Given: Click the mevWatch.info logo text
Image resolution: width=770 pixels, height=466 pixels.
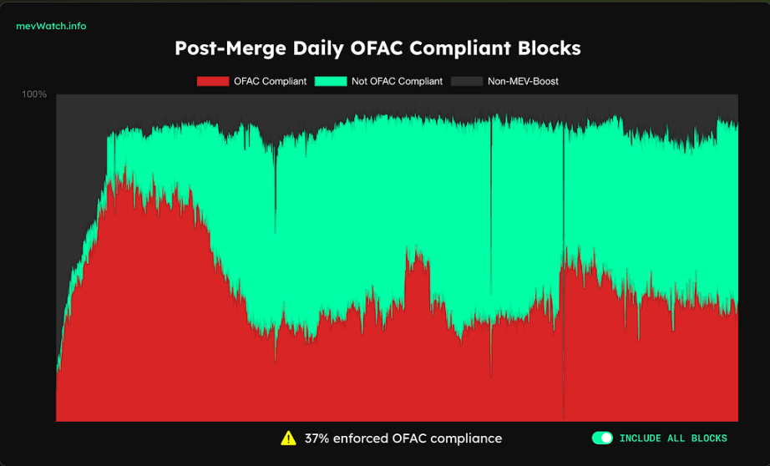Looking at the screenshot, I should tap(51, 26).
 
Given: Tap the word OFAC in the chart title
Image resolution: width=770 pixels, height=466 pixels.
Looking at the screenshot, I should tap(364, 48).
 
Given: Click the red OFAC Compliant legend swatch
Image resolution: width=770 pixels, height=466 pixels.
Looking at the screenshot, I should tap(212, 81).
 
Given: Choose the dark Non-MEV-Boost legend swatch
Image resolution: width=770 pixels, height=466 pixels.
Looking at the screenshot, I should tap(466, 81).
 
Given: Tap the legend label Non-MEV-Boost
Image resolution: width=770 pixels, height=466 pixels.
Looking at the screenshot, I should tap(523, 81).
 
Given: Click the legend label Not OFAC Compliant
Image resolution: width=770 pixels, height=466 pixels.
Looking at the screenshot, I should tap(398, 81).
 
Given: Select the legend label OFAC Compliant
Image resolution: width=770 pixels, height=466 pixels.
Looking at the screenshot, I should tap(270, 81).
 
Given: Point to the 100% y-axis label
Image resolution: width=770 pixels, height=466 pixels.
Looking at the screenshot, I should tap(34, 94).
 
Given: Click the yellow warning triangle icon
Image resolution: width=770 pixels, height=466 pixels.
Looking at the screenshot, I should tap(288, 438).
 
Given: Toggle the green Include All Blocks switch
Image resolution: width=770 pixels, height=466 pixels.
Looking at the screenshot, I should tap(601, 438).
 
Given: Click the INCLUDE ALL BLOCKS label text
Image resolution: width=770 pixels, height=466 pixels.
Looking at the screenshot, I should tap(673, 438).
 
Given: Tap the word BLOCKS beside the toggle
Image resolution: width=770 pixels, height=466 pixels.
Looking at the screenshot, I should tap(709, 438).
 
